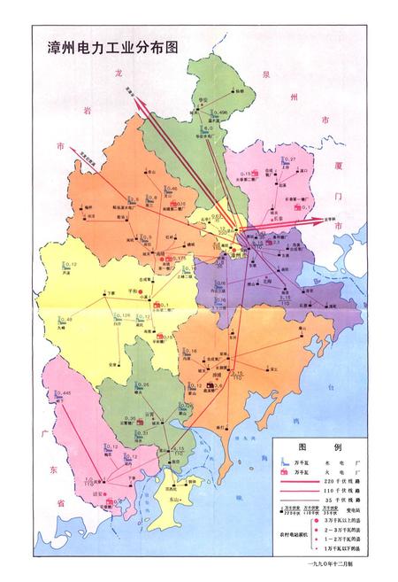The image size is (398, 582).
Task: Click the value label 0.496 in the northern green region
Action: [x=223, y=113]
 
